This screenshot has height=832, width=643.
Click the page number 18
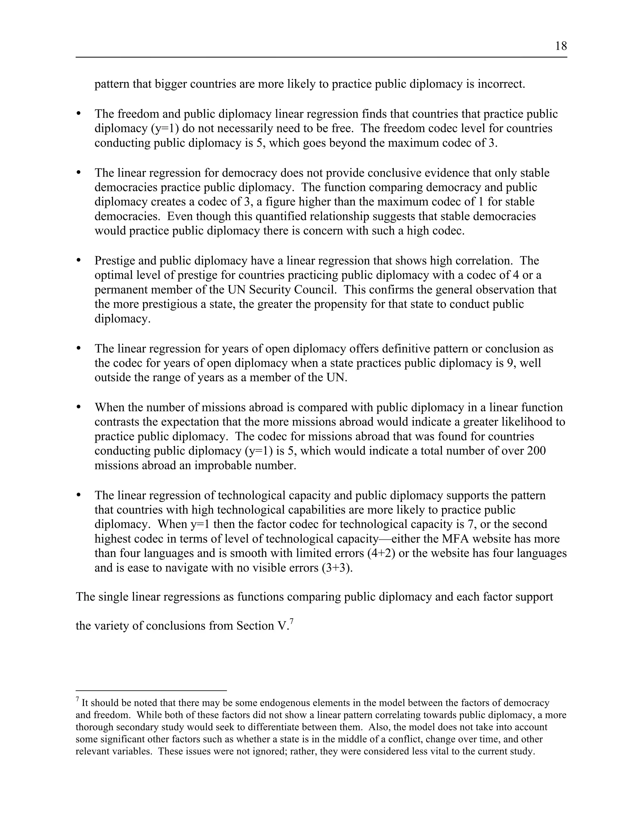tap(561, 46)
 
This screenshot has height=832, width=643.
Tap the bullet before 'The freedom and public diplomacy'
tap(79, 114)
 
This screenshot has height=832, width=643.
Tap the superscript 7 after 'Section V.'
tap(291, 621)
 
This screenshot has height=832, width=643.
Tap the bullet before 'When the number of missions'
tap(79, 407)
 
